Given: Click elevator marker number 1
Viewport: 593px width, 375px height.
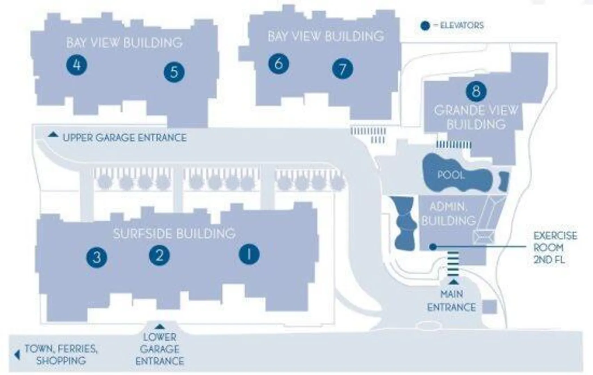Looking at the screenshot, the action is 249,254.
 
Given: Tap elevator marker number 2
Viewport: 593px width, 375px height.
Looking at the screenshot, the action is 159,255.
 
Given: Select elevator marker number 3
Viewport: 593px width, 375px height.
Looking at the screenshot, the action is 97,257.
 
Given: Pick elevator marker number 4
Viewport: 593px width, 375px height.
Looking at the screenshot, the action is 77,65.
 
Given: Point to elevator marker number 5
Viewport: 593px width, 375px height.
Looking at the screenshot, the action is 174,72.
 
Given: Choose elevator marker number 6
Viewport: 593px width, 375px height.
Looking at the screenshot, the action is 279,64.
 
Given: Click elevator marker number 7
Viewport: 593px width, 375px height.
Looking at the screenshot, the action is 343,68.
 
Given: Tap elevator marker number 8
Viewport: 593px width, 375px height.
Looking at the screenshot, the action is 476,91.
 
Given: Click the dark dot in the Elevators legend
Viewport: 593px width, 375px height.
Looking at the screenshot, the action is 425,26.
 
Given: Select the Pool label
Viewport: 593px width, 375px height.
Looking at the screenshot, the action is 451,175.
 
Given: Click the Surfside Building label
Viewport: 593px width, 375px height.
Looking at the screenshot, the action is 174,233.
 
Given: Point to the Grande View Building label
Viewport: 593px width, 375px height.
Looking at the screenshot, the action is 476,117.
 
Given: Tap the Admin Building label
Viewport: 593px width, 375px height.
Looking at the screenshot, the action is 448,214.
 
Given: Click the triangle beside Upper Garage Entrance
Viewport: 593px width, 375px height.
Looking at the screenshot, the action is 53,134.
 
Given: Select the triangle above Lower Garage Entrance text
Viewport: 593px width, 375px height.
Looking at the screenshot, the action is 159,326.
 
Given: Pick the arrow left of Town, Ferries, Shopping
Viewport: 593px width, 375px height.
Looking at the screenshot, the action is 17,355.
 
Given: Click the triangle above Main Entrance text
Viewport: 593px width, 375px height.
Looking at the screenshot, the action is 454,282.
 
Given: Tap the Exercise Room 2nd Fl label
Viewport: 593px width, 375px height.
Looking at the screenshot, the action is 555,248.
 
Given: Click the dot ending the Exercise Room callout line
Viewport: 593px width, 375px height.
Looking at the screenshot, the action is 433,247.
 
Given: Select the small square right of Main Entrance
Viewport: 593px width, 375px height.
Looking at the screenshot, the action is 490,307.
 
